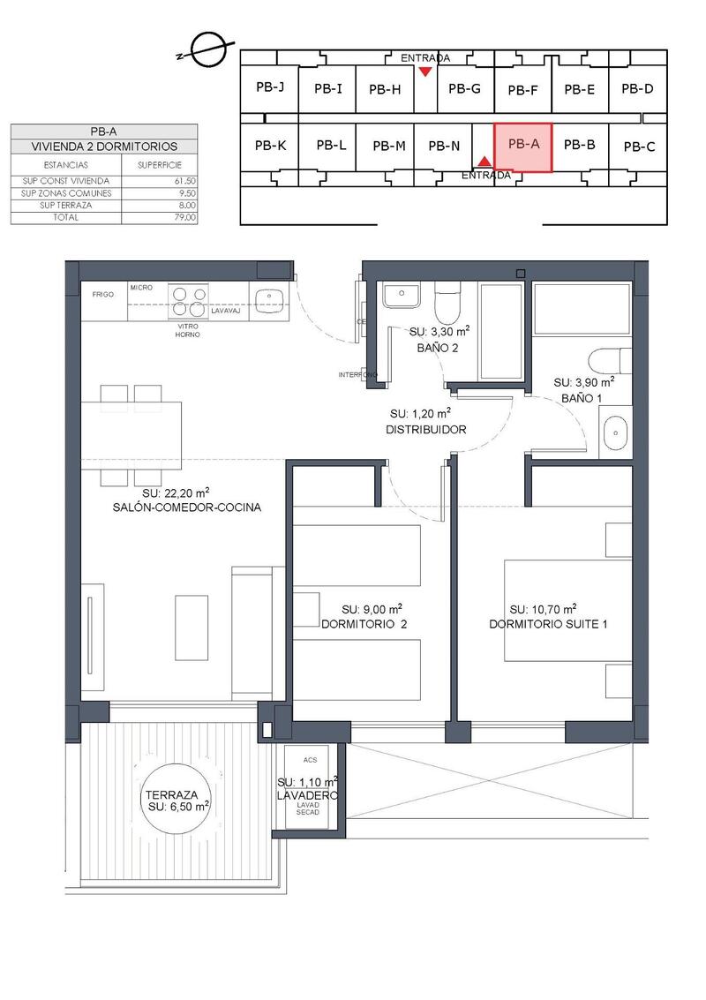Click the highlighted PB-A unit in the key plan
(522, 147)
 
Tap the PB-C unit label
(637, 147)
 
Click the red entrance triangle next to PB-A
(484, 161)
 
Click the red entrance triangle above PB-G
(425, 71)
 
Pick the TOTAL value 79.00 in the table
(185, 216)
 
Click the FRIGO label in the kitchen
(103, 294)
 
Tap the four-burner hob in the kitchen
(187, 302)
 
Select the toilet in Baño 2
(447, 303)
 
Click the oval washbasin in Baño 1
(614, 433)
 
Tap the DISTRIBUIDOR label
(426, 430)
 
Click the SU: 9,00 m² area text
(372, 609)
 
